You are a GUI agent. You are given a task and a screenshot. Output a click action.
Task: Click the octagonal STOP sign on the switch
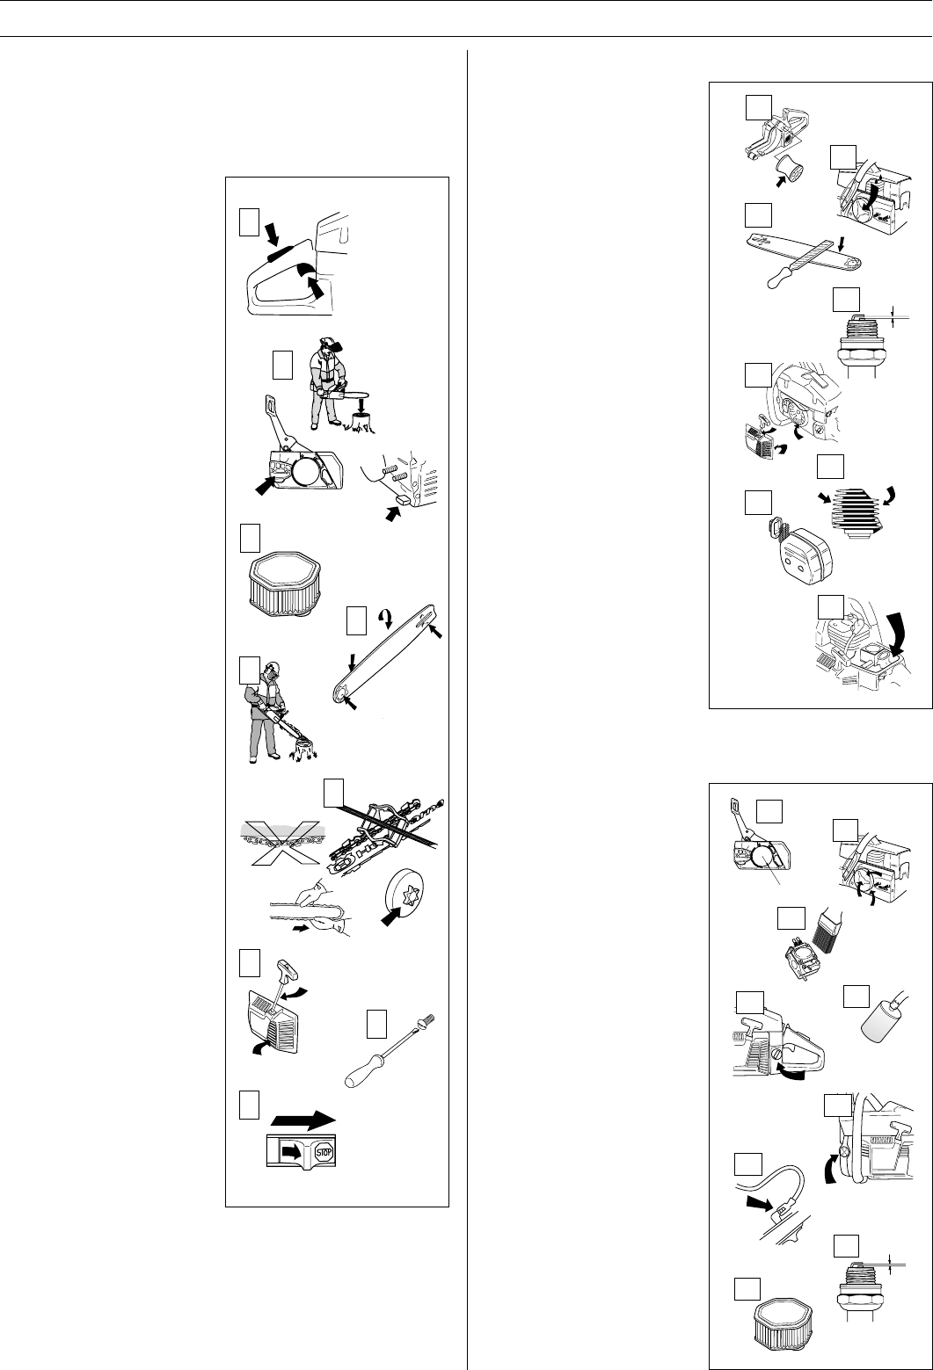point(323,1152)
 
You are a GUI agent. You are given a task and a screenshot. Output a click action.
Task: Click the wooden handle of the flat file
point(777,280)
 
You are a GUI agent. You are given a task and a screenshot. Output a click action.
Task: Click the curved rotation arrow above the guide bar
point(384,618)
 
